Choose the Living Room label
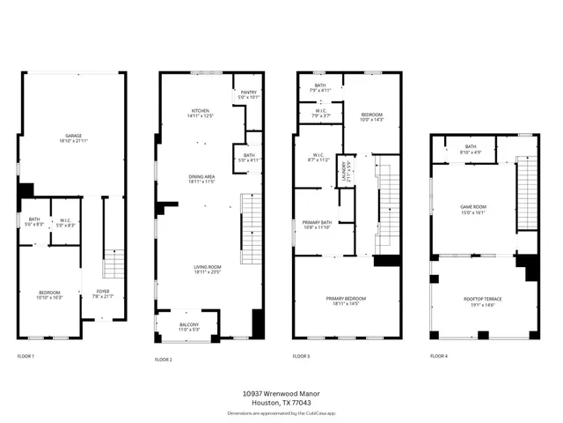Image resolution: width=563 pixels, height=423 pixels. click(x=208, y=269)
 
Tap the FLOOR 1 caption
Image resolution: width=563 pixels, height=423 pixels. click(x=26, y=356)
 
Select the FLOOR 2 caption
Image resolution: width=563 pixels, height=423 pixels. click(x=164, y=360)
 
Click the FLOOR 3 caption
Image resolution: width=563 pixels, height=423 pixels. click(x=300, y=356)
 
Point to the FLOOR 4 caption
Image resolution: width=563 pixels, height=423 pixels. click(x=438, y=356)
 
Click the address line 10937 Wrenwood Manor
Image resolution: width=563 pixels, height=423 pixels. click(x=281, y=394)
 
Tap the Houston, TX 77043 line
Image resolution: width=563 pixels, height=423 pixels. click(x=281, y=403)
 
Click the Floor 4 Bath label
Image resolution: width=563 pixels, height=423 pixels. click(x=471, y=149)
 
